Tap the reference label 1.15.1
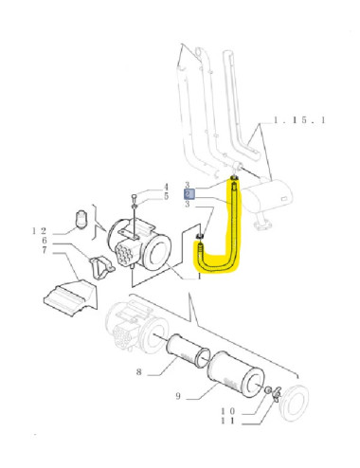click(x=299, y=120)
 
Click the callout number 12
click(x=39, y=230)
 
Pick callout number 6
click(x=44, y=241)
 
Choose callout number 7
click(x=44, y=251)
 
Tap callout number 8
click(x=138, y=372)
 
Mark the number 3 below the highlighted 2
click(x=189, y=205)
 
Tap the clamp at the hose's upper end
click(x=233, y=179)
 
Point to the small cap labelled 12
click(x=82, y=221)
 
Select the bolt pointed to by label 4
click(x=136, y=202)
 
